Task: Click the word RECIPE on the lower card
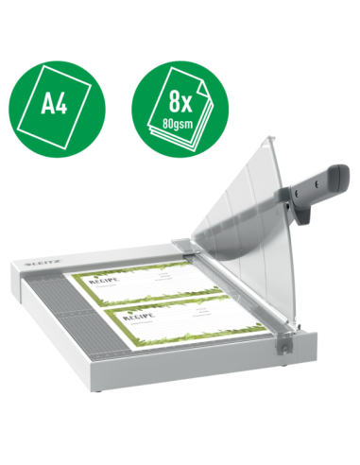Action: (x=137, y=318)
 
